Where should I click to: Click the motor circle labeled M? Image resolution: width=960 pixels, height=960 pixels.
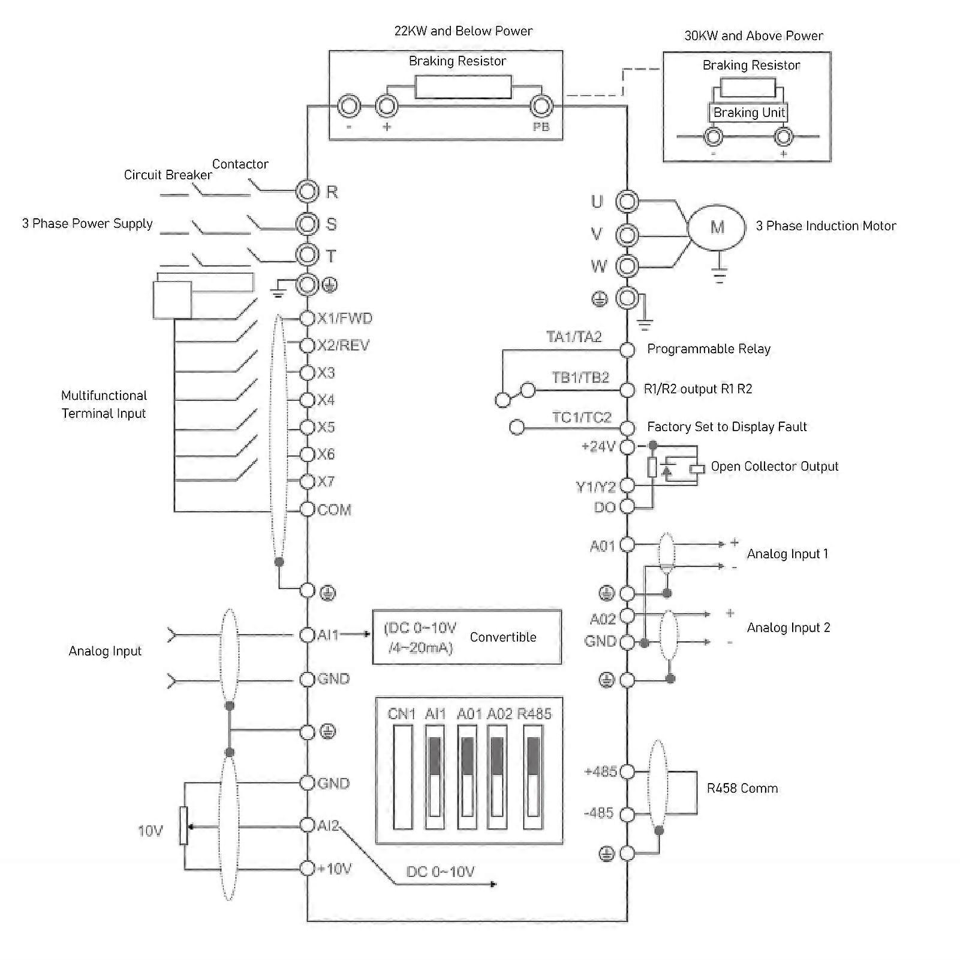point(717,227)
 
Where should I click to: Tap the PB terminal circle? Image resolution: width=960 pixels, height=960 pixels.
point(540,107)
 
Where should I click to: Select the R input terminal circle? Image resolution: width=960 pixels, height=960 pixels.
point(306,192)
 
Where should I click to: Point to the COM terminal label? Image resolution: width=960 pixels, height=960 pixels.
point(334,510)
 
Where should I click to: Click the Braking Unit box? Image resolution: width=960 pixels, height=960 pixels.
point(748,113)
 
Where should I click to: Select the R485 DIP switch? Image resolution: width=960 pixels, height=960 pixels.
point(533,777)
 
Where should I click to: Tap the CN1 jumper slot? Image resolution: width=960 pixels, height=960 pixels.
point(402,777)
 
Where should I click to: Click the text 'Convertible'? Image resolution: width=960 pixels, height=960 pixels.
point(502,637)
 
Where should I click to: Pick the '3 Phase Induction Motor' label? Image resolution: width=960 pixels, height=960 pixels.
point(826,226)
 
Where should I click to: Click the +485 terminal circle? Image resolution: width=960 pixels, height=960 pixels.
point(627,772)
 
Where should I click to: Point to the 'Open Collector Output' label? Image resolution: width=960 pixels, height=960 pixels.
point(774,467)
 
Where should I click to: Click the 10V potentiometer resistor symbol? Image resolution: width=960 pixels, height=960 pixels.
point(184,826)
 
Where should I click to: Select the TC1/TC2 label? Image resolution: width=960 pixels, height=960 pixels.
point(581,418)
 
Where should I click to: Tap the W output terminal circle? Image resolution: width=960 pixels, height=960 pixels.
point(627,265)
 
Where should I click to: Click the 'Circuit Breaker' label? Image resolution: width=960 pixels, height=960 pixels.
point(168,175)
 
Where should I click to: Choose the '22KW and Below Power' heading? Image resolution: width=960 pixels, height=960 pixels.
point(463,31)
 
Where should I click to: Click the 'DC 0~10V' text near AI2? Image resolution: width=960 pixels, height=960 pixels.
point(440,872)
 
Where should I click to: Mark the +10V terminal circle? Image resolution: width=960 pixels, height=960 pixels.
point(307,868)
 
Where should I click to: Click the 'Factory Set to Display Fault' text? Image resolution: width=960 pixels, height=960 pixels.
point(727,427)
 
